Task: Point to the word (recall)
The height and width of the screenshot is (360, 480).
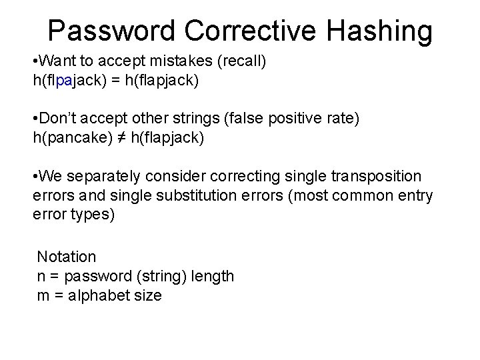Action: click(x=241, y=61)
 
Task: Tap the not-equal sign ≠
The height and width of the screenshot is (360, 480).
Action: click(x=124, y=137)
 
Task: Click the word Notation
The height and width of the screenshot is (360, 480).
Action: click(x=67, y=257)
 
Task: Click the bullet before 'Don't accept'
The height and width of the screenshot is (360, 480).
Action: click(x=35, y=119)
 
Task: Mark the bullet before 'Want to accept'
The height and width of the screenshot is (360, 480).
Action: click(x=35, y=61)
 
